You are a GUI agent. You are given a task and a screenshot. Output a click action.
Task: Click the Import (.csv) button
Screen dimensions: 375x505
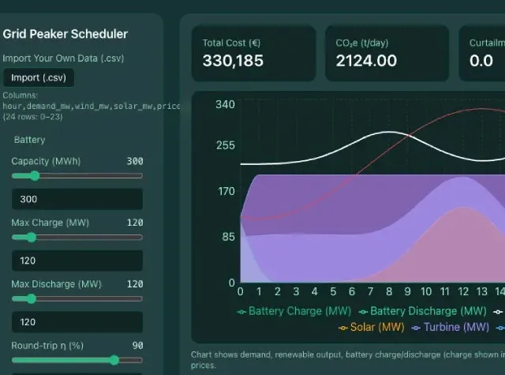coord(39,77)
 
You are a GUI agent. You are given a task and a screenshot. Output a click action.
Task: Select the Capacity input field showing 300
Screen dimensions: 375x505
coord(77,199)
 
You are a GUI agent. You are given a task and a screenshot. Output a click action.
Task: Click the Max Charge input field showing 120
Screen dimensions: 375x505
coord(77,261)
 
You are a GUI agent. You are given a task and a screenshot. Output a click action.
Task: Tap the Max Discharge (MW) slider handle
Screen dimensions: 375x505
coord(31,298)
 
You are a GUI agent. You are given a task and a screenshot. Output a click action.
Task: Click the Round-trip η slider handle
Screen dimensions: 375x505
coord(114,360)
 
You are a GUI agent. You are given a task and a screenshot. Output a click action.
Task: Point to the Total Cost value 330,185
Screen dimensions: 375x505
coord(233,60)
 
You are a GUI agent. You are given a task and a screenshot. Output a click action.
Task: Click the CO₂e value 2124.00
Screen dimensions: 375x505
coord(366,60)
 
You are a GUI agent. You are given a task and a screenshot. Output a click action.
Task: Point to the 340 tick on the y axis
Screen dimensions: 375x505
coord(225,105)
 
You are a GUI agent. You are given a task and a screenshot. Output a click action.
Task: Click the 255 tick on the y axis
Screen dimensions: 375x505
coord(225,145)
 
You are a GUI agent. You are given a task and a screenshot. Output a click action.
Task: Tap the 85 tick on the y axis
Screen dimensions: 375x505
coord(228,236)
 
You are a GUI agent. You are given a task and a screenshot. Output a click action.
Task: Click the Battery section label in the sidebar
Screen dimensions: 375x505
coord(29,140)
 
